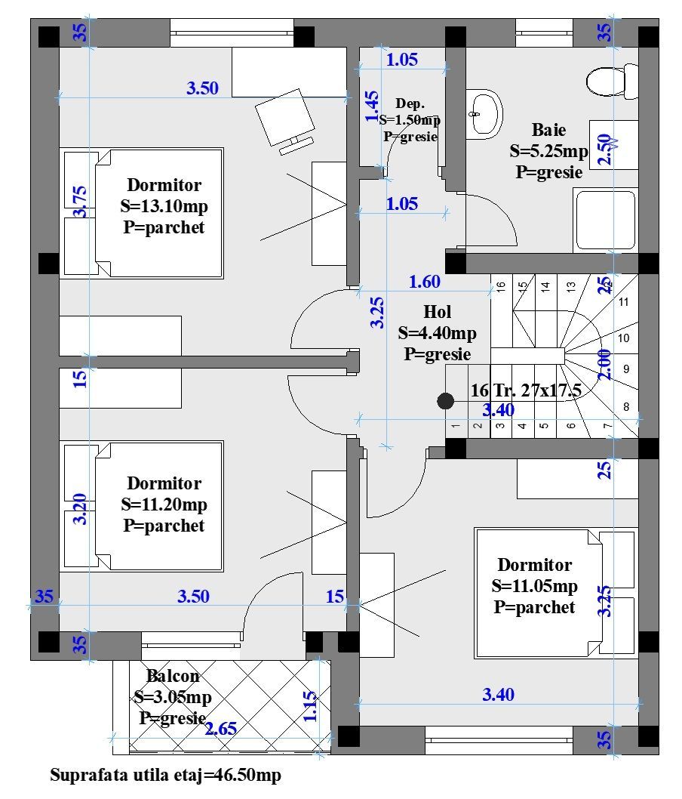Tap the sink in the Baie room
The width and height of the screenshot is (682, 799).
[x=483, y=114]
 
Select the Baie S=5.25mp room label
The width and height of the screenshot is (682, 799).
[x=548, y=151]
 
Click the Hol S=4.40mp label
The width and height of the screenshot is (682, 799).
[x=438, y=332]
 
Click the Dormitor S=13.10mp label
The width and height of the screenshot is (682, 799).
[x=164, y=206]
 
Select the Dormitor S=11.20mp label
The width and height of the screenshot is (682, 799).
[x=164, y=504]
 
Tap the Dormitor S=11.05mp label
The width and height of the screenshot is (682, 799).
[x=534, y=586]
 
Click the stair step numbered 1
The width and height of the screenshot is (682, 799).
[x=456, y=426]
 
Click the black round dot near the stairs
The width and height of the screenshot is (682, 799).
[x=446, y=402]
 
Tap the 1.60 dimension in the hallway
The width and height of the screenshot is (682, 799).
[x=424, y=282]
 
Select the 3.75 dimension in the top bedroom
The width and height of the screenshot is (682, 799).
[x=81, y=202]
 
